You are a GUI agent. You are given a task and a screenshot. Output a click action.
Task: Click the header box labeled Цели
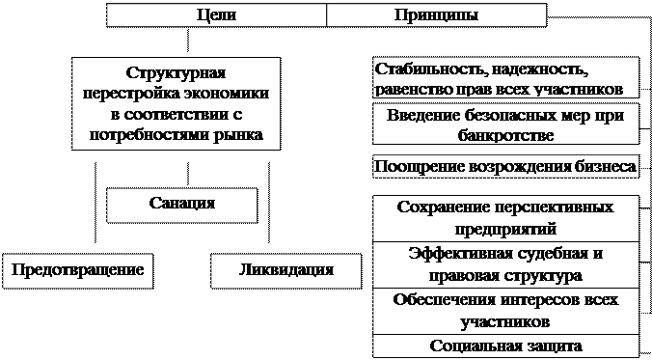coord(216,16)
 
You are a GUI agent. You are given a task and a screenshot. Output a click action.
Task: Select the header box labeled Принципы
coord(436,16)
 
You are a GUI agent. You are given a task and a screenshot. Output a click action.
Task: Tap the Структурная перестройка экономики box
coord(177,103)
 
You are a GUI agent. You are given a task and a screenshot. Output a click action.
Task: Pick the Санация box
coord(182,205)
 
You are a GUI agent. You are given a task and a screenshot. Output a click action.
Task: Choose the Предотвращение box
coord(78,270)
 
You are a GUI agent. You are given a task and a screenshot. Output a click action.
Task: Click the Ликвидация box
coord(285,270)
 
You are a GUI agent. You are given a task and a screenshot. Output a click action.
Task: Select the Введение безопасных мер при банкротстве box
coord(505,125)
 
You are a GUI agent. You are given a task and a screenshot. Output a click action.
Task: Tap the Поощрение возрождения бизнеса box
coord(505,167)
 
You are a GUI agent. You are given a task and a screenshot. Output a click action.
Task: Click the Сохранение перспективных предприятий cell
coord(505,218)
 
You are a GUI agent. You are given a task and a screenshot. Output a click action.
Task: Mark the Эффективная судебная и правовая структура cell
coord(505,264)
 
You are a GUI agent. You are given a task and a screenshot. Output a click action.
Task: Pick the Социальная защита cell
coord(505,346)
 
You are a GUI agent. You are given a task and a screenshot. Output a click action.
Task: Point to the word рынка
coord(237,135)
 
